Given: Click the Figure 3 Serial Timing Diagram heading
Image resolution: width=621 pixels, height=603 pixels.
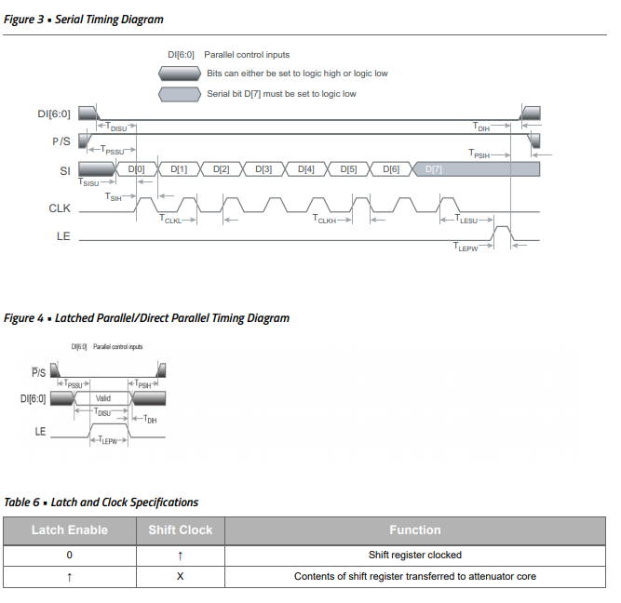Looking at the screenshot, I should (x=84, y=19).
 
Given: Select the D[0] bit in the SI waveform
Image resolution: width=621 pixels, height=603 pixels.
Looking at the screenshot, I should (x=138, y=169).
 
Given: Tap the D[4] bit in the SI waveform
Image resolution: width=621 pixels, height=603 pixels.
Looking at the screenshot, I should (x=306, y=169).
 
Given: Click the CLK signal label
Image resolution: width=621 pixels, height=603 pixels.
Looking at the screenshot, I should (x=60, y=208).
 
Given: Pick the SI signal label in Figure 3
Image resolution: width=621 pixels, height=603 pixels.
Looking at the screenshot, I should (x=65, y=170).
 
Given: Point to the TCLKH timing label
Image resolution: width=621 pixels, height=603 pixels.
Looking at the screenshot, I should (x=326, y=220).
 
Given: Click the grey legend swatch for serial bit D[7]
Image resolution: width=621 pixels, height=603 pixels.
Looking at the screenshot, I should (x=179, y=94).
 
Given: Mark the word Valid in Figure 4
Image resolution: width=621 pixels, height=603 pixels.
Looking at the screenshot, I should (x=103, y=398).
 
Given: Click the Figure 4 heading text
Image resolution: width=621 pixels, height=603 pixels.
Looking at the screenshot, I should (x=146, y=318).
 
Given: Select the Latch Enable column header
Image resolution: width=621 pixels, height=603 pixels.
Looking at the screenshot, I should (x=70, y=530).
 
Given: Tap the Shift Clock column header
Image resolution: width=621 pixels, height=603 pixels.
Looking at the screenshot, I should (x=181, y=530).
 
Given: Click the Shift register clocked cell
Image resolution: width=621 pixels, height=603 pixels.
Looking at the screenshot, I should (x=414, y=555).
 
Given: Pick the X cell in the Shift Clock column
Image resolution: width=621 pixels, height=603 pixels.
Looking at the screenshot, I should (x=181, y=576).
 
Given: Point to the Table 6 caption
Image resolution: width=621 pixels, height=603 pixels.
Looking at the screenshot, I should (x=101, y=502).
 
